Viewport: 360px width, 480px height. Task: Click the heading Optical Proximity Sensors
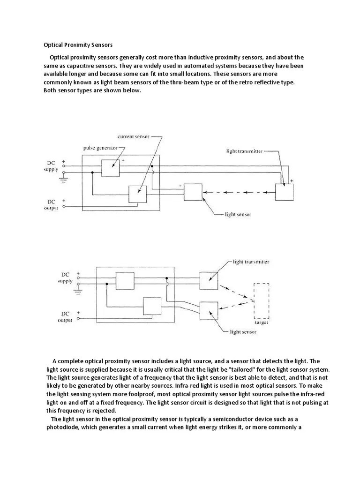(x=78, y=45)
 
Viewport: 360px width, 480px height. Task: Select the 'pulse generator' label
(x=100, y=148)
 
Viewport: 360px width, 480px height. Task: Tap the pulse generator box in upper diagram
(x=111, y=167)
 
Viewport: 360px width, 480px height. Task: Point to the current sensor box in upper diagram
(x=137, y=194)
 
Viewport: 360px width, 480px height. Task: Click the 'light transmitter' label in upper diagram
(x=244, y=151)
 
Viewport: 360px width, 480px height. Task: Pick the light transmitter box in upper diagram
(x=284, y=192)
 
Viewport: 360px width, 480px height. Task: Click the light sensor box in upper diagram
(x=193, y=192)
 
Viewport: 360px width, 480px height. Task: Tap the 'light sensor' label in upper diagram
(x=238, y=215)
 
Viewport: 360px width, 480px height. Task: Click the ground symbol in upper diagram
(x=64, y=179)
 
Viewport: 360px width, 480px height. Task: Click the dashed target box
(x=261, y=300)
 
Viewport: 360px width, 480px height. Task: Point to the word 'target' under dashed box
(x=261, y=322)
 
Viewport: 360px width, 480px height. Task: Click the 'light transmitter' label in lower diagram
(x=251, y=262)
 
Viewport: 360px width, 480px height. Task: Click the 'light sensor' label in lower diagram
(x=242, y=332)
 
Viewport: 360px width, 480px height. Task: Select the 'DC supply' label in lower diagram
(x=65, y=278)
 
